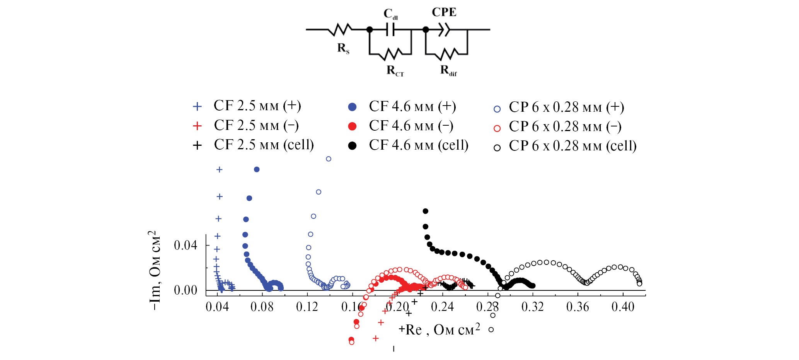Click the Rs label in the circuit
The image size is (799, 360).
(x=343, y=48)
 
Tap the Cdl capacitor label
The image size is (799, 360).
(x=390, y=14)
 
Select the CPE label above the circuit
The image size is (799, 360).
(x=444, y=12)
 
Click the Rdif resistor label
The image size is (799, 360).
(x=448, y=71)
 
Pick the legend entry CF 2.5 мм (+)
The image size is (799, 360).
(x=257, y=106)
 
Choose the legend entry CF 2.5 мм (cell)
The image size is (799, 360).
(x=264, y=145)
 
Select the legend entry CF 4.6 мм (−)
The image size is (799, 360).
(x=411, y=126)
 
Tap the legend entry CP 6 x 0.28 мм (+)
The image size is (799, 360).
(x=566, y=107)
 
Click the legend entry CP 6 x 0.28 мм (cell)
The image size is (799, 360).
(x=572, y=146)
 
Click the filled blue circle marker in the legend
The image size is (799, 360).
(x=352, y=107)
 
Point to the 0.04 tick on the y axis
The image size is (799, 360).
(x=185, y=245)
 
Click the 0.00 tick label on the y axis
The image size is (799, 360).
(x=185, y=290)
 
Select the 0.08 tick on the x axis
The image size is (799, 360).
(x=262, y=307)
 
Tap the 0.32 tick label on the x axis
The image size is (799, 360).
(x=532, y=307)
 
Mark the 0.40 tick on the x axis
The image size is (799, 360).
(x=623, y=307)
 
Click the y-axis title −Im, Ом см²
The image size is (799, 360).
(x=155, y=271)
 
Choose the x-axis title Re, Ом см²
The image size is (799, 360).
(x=443, y=330)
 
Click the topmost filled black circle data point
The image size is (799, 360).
(x=426, y=211)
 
